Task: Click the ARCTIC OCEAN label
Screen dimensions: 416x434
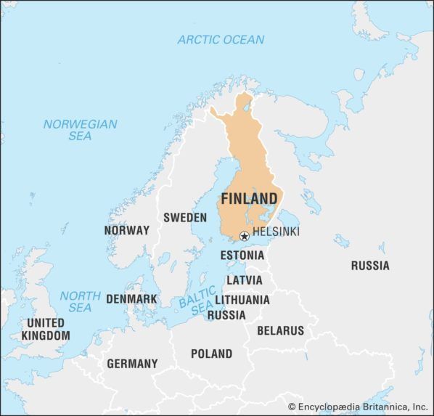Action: point(221,39)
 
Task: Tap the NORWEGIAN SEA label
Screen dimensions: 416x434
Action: point(80,130)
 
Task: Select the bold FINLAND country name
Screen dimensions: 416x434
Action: point(249,199)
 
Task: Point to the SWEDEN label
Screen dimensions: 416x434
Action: point(185,217)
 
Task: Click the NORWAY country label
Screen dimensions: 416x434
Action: point(126,230)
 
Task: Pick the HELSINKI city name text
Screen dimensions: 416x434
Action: point(276,232)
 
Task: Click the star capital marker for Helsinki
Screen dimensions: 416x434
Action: point(245,235)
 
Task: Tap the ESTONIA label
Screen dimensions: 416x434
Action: point(242,256)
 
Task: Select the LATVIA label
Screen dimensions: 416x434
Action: point(245,280)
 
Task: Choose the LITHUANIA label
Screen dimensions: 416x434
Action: point(242,300)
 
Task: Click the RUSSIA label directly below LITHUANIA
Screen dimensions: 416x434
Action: point(226,315)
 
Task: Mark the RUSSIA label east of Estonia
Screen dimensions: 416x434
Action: point(370,266)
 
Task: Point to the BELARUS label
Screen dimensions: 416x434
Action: point(280,330)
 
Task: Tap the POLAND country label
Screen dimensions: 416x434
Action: point(211,354)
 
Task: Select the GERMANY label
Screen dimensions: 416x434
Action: point(132,363)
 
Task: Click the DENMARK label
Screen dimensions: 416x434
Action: point(131,298)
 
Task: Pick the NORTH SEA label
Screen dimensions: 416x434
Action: point(80,301)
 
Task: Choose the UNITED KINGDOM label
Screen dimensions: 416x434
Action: point(46,329)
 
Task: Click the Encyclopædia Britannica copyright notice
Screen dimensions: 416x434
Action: point(358,407)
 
